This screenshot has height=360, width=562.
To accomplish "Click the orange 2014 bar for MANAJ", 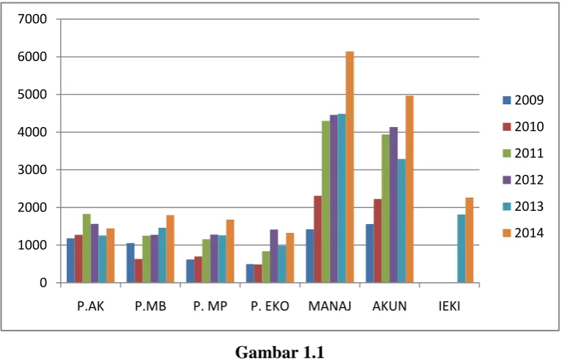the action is pyautogui.click(x=350, y=167).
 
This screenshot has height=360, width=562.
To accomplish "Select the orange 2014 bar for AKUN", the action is pyautogui.click(x=409, y=189).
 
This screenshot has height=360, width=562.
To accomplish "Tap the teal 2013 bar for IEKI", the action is pyautogui.click(x=461, y=248).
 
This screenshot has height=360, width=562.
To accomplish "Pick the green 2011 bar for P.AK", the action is pyautogui.click(x=87, y=248).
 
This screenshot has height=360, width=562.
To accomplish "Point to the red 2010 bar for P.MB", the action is pyautogui.click(x=138, y=270).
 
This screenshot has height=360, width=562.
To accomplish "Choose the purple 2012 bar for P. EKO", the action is pyautogui.click(x=274, y=256).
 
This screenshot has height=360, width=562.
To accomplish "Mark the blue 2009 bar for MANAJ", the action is pyautogui.click(x=310, y=256).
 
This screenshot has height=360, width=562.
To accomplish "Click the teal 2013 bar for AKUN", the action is pyautogui.click(x=401, y=221).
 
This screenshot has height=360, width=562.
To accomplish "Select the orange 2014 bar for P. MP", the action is pyautogui.click(x=230, y=251).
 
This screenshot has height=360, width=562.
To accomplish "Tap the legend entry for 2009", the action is pyautogui.click(x=523, y=100).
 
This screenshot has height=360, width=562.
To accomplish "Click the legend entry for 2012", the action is pyautogui.click(x=523, y=180).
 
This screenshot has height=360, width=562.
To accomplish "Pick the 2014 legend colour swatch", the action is pyautogui.click(x=506, y=233).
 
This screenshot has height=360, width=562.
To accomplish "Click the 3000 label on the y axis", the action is pyautogui.click(x=32, y=170).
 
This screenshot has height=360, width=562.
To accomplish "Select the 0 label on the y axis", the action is pyautogui.click(x=43, y=283).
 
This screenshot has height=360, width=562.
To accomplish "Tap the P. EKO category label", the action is pyautogui.click(x=270, y=306).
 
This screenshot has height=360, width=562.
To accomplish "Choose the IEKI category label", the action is pyautogui.click(x=450, y=306).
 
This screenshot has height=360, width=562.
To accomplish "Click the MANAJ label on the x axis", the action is pyautogui.click(x=330, y=306).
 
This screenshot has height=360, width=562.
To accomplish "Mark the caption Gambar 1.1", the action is pyautogui.click(x=280, y=352).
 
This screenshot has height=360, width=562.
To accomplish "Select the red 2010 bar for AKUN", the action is pyautogui.click(x=378, y=241).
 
